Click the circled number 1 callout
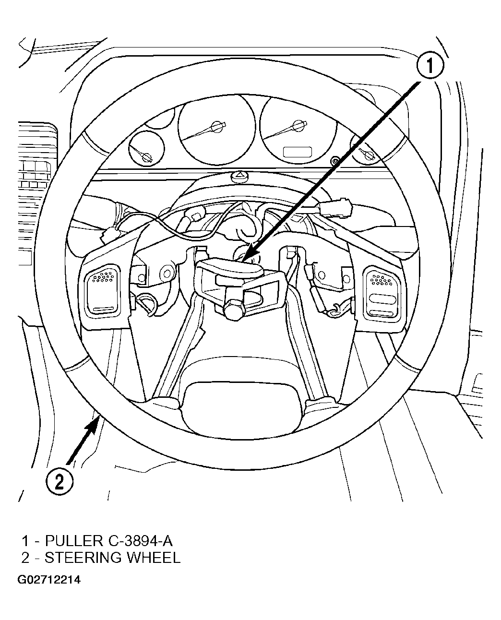(x=430, y=65)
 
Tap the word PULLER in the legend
(x=74, y=541)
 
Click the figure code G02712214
(x=49, y=580)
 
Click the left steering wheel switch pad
(x=103, y=290)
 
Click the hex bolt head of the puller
(x=233, y=310)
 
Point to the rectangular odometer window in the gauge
(x=297, y=152)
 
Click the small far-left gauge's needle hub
(x=146, y=157)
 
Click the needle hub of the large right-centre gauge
(x=298, y=126)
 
